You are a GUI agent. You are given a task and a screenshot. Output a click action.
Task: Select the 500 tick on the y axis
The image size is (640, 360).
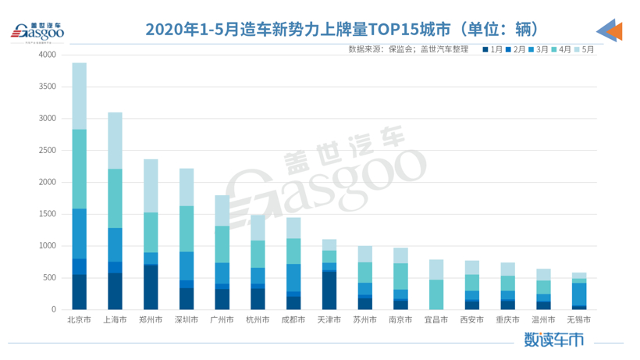48,277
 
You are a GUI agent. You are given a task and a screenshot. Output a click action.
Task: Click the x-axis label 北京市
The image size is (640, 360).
80,320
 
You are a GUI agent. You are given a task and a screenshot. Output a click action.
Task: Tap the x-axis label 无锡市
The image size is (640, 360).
578,320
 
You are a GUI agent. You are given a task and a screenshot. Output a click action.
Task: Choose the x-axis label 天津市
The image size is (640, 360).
329,320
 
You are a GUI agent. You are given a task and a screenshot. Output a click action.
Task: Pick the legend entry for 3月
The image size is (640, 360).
539,49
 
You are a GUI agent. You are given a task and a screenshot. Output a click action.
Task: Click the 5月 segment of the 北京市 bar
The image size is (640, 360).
80,95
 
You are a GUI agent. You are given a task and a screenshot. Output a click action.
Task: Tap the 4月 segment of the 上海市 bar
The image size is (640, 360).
115,198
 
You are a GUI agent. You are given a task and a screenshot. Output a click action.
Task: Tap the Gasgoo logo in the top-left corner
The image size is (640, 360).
35,31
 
